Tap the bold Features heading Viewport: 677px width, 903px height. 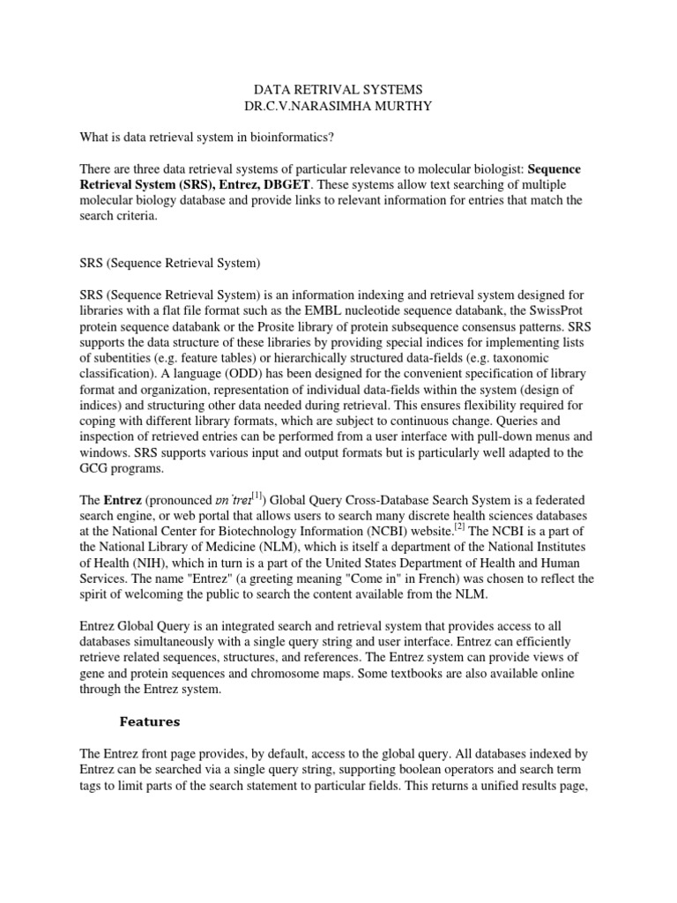[150, 721]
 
